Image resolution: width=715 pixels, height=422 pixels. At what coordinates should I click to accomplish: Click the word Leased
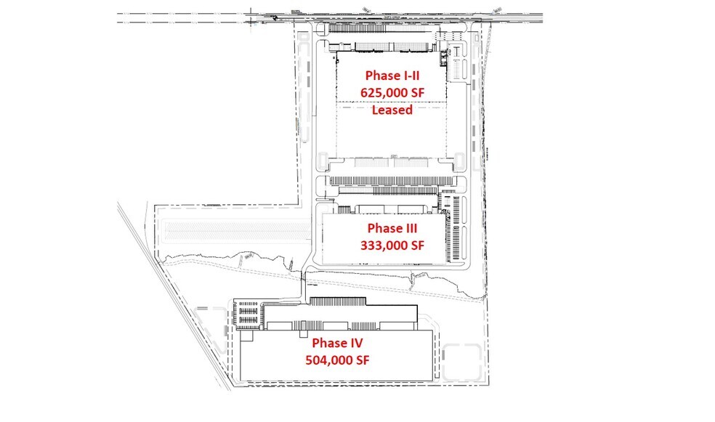pos(392,110)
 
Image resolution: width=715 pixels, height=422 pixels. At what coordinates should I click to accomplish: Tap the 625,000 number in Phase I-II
pos(384,93)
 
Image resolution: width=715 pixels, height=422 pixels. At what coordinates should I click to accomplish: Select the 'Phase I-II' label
pos(393,76)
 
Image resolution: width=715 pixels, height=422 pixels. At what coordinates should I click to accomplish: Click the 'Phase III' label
pos(392,228)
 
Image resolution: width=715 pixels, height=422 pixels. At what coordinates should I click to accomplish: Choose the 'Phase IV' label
pos(337,342)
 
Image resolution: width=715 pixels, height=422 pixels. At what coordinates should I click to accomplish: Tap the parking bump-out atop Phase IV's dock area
pos(342,301)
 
